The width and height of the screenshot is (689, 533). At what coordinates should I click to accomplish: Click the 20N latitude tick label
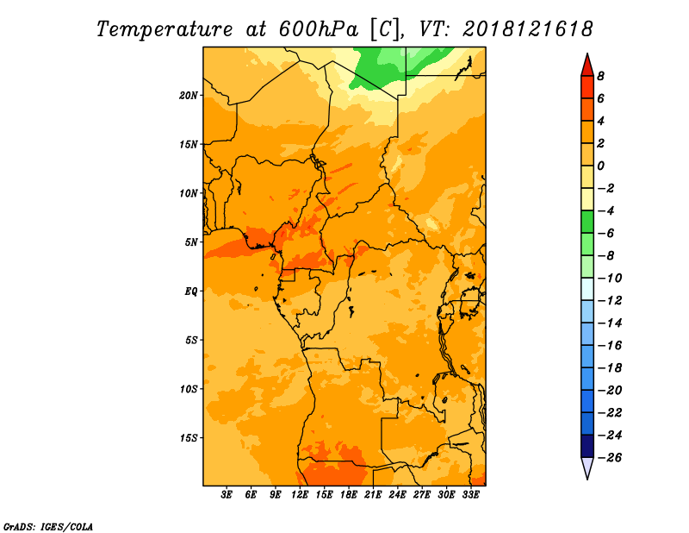[189, 95]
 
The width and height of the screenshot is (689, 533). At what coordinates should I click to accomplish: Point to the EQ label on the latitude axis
[190, 291]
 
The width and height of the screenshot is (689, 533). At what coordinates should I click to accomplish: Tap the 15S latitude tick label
[189, 437]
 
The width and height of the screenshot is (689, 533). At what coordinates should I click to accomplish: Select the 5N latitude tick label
[191, 241]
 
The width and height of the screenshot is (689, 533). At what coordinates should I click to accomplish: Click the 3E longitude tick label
[227, 495]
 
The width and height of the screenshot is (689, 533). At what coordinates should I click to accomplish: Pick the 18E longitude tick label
[349, 495]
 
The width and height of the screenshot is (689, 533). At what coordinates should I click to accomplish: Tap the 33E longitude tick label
[470, 495]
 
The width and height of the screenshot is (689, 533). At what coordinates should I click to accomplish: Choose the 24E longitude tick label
[397, 495]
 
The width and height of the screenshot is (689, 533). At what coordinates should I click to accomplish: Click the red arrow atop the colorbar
[587, 64]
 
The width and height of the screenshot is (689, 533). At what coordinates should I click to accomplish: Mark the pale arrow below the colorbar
[587, 468]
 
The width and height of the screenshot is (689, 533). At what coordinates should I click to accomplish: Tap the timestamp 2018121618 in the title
[528, 28]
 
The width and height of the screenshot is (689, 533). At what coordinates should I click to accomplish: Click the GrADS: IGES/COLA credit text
[47, 525]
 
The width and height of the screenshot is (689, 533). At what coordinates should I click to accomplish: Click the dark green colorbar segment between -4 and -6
[587, 222]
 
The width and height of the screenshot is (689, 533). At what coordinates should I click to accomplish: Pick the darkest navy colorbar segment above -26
[587, 446]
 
